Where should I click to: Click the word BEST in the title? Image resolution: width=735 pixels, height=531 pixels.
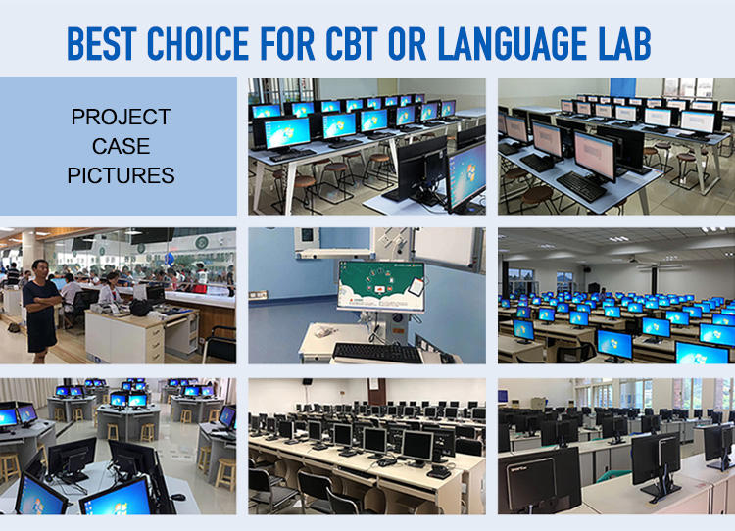(x=102, y=43)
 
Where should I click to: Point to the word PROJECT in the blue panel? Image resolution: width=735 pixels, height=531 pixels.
(x=121, y=117)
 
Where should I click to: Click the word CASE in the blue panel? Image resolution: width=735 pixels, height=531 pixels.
(x=121, y=146)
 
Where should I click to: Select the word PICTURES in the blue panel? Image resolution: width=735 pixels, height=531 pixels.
(x=121, y=175)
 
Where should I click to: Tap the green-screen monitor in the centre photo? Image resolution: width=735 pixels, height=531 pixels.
(x=381, y=286)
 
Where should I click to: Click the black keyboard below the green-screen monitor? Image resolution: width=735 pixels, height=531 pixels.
(x=377, y=353)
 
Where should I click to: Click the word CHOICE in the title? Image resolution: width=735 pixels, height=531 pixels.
(x=198, y=43)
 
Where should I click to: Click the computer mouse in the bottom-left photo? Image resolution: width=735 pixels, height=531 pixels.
(x=177, y=497)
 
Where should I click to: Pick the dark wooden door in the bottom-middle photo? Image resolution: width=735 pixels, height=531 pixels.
(x=377, y=391)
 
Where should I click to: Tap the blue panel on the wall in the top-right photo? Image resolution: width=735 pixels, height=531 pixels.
(x=623, y=90)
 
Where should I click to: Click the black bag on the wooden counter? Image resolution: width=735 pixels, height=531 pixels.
(x=140, y=308)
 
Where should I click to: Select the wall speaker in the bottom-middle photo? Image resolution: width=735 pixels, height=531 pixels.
(x=307, y=381)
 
